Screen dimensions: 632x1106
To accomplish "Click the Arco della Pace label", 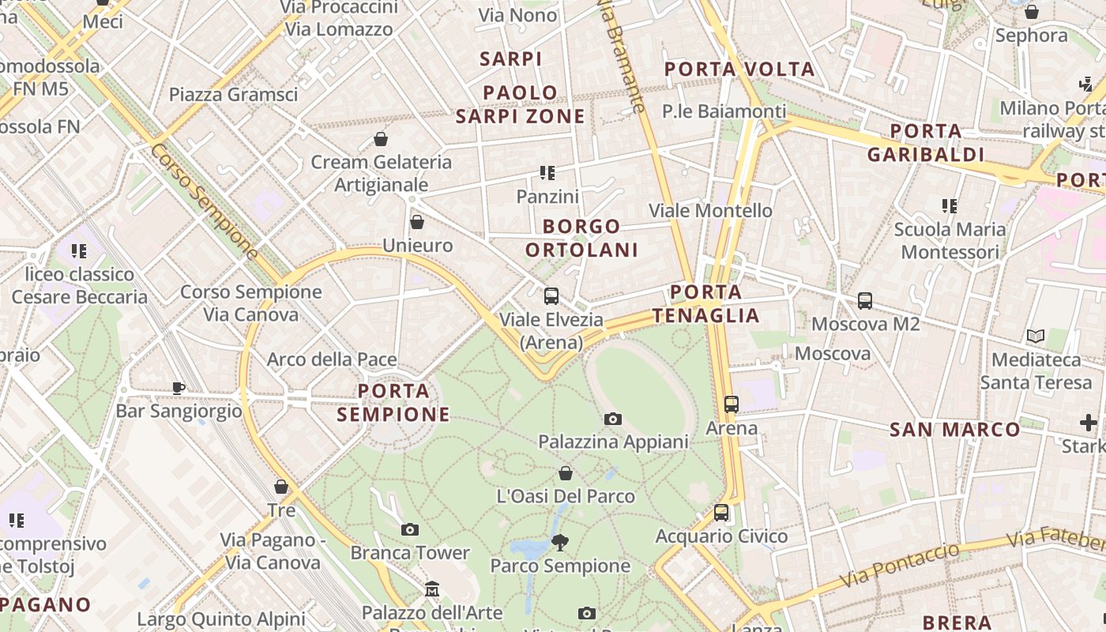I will pyautogui.click(x=332, y=360).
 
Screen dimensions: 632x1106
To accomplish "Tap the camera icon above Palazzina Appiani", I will pyautogui.click(x=612, y=419).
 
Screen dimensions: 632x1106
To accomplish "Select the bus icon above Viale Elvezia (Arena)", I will pyautogui.click(x=551, y=296).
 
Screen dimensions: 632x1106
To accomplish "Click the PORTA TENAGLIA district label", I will pyautogui.click(x=706, y=304).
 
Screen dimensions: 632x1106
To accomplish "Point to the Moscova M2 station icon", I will pyautogui.click(x=865, y=300).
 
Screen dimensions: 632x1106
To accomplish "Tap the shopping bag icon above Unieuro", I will pyautogui.click(x=417, y=222).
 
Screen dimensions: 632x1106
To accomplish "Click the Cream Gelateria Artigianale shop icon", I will pyautogui.click(x=381, y=139).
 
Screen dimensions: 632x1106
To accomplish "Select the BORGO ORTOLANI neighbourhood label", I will pyautogui.click(x=582, y=239).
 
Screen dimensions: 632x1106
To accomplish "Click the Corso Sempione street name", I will pyautogui.click(x=205, y=201).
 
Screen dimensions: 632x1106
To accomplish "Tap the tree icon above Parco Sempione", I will pyautogui.click(x=560, y=542).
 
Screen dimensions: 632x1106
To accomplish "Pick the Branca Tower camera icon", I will pyautogui.click(x=409, y=529).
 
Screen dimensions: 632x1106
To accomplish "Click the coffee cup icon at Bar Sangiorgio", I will pyautogui.click(x=179, y=388).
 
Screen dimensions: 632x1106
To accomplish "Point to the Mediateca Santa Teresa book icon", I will pyautogui.click(x=1035, y=336).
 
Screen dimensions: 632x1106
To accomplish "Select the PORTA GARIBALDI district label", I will pyautogui.click(x=926, y=143).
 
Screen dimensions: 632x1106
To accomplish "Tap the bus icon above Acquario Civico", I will pyautogui.click(x=721, y=512).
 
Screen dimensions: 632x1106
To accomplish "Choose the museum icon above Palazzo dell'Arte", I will pyautogui.click(x=432, y=589).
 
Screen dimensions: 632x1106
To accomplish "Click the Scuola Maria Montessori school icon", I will pyautogui.click(x=950, y=206).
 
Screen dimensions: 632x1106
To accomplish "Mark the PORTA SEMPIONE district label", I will pyautogui.click(x=393, y=402).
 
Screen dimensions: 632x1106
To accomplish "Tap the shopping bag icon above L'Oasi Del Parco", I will pyautogui.click(x=566, y=473).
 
